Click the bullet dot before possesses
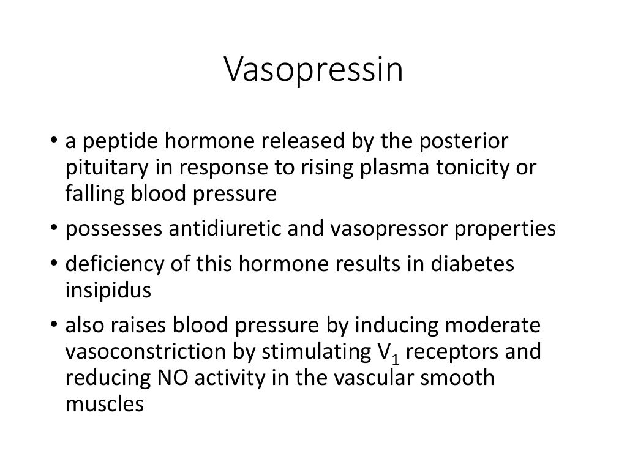[54, 229]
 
